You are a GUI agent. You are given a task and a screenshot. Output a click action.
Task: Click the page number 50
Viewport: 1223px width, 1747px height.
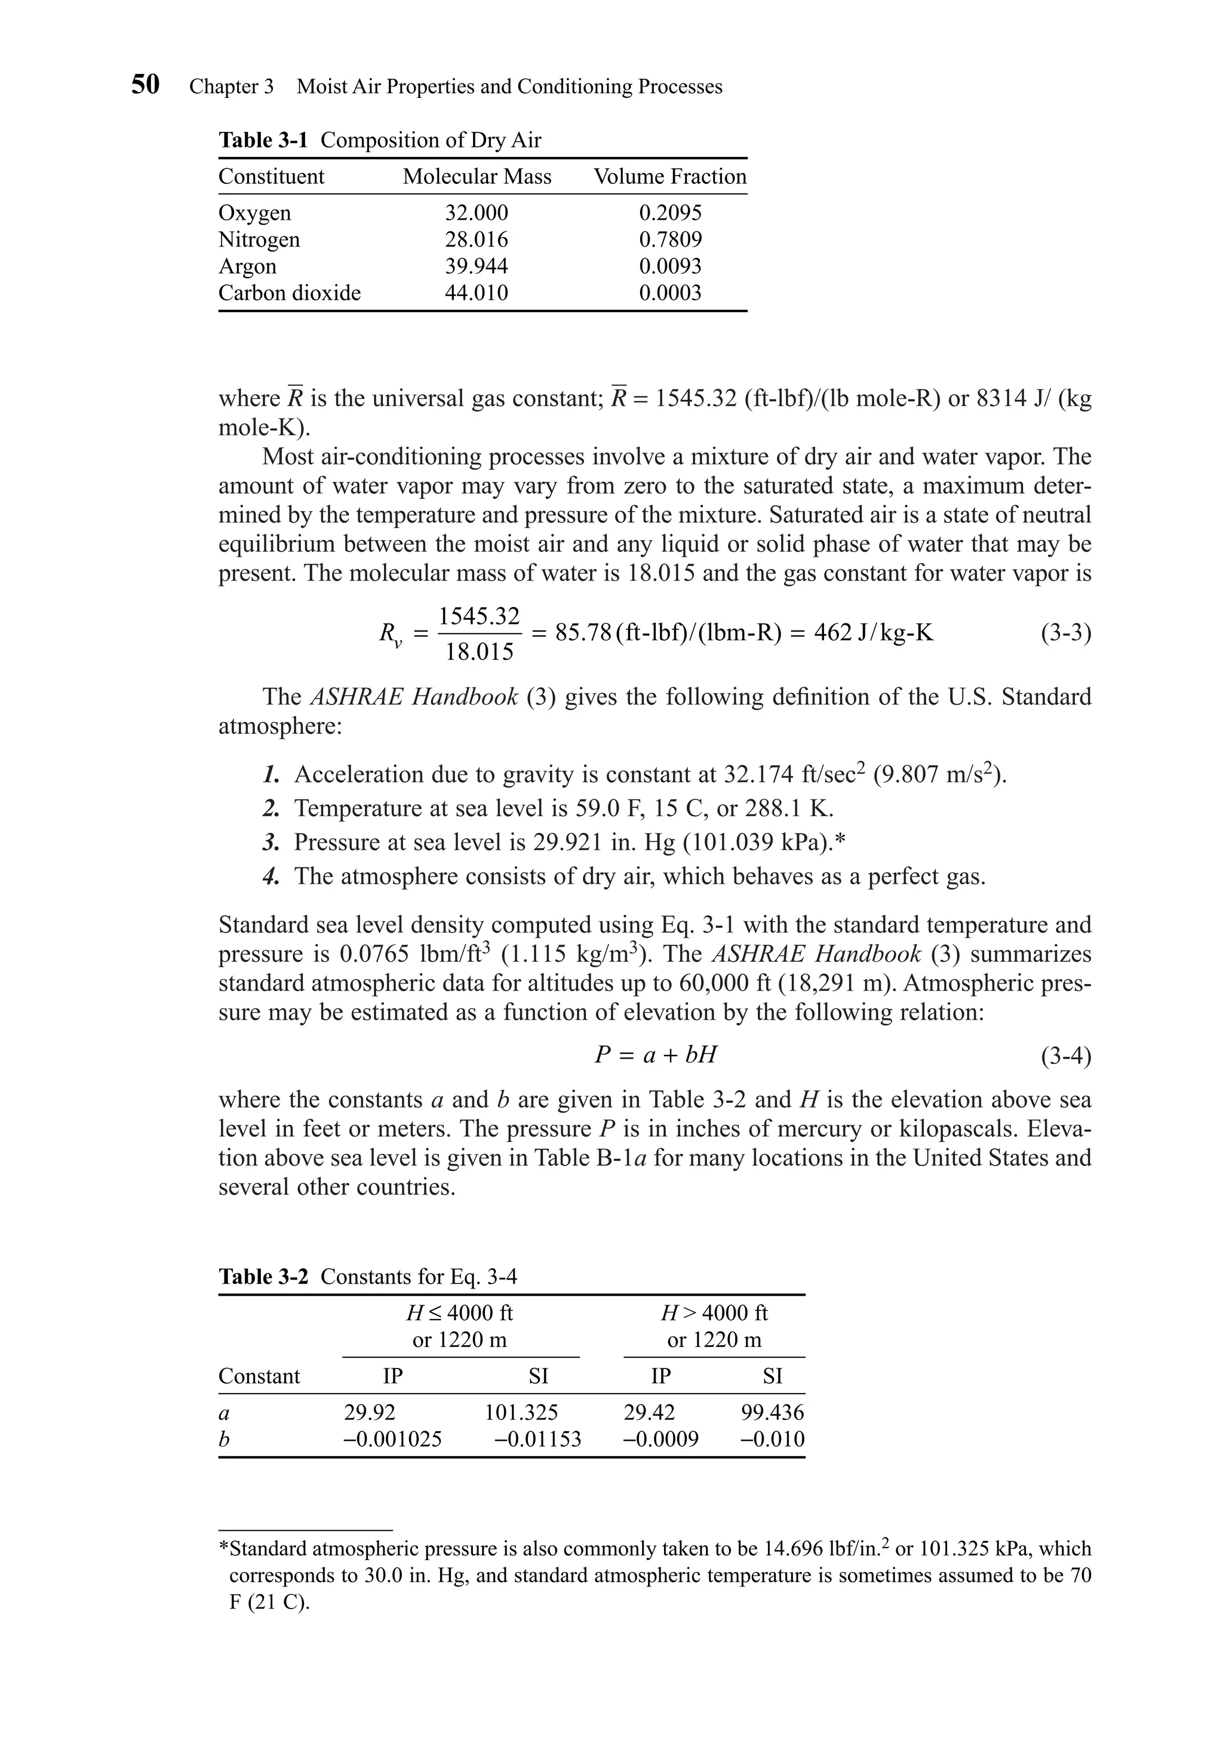click(x=145, y=84)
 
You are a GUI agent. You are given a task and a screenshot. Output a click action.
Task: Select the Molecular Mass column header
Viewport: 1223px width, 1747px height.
click(x=477, y=177)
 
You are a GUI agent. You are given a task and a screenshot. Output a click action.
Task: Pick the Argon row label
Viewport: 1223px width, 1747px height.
click(x=247, y=266)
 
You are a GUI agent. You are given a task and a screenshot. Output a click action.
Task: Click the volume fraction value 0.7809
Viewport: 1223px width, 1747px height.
click(x=669, y=239)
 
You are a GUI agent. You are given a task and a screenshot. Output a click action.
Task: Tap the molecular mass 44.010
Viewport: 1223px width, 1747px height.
click(x=477, y=293)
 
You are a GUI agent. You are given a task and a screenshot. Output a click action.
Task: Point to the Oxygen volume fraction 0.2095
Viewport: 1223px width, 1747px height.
click(x=669, y=213)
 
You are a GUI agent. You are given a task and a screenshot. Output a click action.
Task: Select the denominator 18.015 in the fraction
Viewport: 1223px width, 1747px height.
click(x=480, y=653)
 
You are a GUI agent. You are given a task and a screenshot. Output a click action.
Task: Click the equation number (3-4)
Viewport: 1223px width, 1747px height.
click(x=1065, y=1056)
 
